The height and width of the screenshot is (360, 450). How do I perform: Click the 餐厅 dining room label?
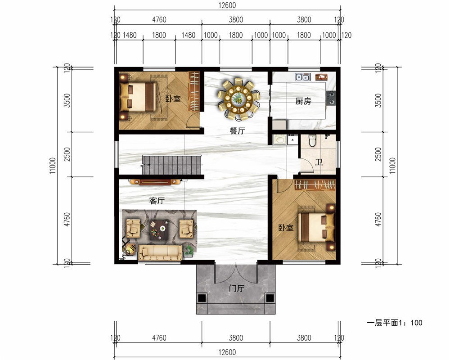coord(237,131)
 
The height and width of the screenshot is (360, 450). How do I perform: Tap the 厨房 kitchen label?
coord(303,101)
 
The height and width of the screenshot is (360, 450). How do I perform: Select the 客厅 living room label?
coord(157,201)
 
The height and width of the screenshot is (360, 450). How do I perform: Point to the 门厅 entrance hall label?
coord(237,288)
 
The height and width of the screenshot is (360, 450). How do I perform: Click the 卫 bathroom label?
coord(319,162)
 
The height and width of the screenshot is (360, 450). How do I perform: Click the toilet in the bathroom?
coord(312,140)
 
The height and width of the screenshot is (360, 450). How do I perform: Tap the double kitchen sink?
coord(303,77)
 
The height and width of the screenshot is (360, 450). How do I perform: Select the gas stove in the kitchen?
coord(331,98)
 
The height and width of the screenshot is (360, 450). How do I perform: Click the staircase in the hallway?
coord(172,165)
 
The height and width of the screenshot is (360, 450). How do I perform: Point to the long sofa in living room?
coord(160,252)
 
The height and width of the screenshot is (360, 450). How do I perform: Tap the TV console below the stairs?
coord(155,182)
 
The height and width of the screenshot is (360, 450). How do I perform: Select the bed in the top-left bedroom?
coord(138,97)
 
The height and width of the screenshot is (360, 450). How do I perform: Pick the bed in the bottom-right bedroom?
coord(316,227)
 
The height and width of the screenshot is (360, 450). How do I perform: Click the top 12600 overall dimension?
coord(227,5)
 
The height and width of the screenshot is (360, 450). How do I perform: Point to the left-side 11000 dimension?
coord(53,166)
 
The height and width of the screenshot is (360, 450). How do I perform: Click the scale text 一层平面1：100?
coord(394,323)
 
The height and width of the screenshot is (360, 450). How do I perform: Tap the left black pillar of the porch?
coord(202,298)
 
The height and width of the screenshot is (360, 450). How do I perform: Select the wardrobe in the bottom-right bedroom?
coord(315,185)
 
